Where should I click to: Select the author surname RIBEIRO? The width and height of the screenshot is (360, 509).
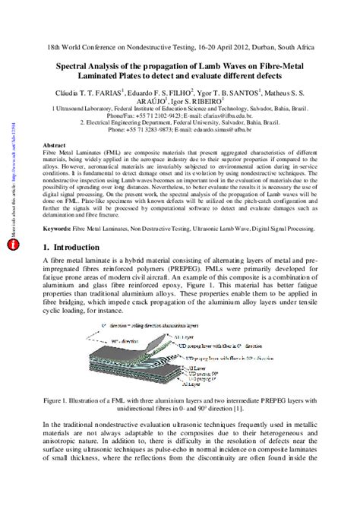(x=207, y=99)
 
